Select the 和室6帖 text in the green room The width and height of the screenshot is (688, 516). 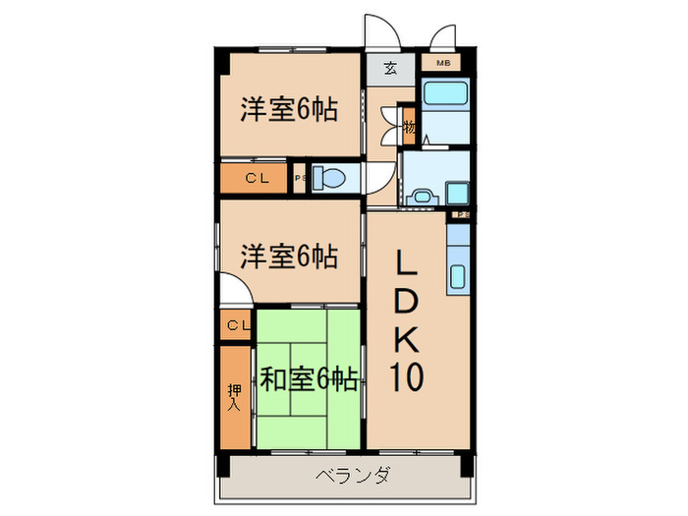[x=308, y=377]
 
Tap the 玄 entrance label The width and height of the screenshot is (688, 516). [x=390, y=70]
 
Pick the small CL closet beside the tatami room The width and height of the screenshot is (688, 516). [x=236, y=325]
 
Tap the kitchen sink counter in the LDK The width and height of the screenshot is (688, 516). [x=459, y=260]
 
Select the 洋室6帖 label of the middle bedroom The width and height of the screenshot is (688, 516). [x=290, y=257]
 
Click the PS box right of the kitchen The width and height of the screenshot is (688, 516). [x=460, y=214]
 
